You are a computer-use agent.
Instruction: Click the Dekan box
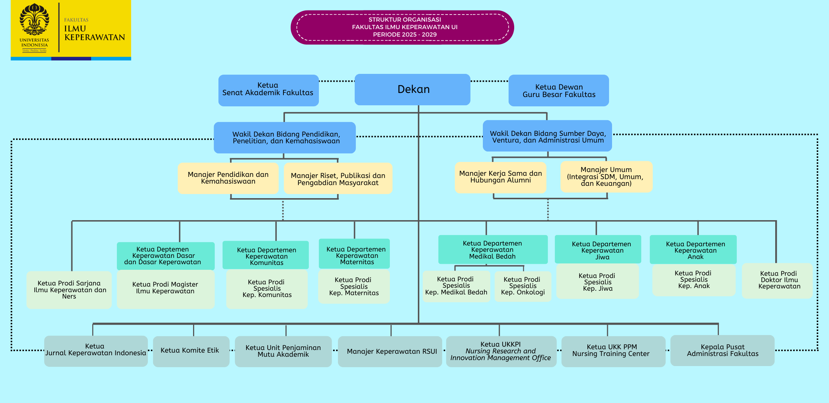[412, 90]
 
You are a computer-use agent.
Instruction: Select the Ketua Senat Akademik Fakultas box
[268, 90]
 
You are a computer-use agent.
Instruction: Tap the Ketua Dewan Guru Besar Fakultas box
[559, 91]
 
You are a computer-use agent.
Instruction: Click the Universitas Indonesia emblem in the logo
[34, 20]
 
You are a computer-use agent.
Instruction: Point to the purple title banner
[402, 27]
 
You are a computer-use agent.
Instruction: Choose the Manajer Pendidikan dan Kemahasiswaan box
[228, 178]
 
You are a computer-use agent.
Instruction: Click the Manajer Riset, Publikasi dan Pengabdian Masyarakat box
[338, 179]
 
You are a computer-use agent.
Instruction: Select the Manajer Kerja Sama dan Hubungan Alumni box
[500, 177]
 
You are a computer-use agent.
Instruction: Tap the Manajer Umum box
[606, 176]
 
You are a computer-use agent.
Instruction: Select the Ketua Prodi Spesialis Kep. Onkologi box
[523, 286]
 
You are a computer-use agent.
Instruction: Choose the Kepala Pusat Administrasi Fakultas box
[722, 350]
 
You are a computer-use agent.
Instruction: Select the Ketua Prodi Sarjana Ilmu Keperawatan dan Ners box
[69, 290]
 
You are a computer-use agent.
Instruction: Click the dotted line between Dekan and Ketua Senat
[336, 81]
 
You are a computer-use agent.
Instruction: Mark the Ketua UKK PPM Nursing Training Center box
[613, 351]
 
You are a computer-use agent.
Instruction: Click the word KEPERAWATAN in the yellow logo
[94, 37]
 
